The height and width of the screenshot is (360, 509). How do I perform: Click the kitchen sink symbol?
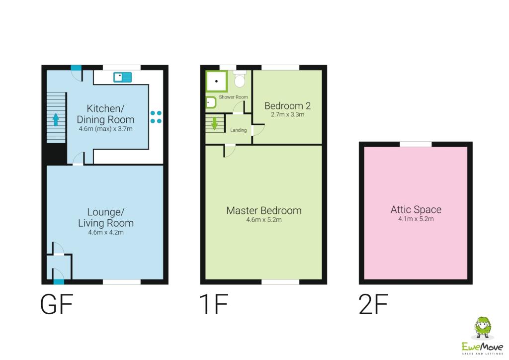click(x=122, y=77)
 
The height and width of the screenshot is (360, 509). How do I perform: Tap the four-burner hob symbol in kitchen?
click(x=156, y=117)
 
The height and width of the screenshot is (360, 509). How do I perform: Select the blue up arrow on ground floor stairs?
click(x=56, y=119)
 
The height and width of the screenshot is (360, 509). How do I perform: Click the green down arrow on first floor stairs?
click(x=215, y=123)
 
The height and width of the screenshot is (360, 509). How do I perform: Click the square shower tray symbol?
click(x=217, y=81)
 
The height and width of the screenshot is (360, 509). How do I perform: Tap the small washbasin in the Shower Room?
click(x=210, y=103)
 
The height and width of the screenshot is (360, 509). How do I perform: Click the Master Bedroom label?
click(x=263, y=210)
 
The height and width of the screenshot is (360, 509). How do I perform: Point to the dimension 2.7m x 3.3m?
click(x=287, y=114)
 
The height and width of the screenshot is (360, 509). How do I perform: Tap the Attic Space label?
click(x=416, y=209)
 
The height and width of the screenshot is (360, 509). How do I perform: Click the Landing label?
click(x=239, y=130)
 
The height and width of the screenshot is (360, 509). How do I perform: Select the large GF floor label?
click(x=57, y=305)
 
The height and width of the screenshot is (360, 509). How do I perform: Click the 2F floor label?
click(x=373, y=305)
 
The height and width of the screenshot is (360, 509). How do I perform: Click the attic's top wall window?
click(x=416, y=144)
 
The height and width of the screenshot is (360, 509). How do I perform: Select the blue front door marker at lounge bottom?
click(x=59, y=282)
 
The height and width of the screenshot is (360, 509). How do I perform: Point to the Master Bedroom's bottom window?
click(x=280, y=282)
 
